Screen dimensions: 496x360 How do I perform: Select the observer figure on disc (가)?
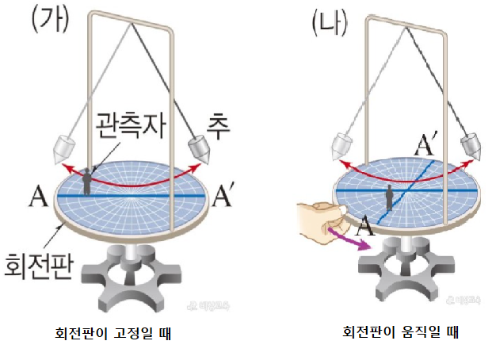tap(88, 180)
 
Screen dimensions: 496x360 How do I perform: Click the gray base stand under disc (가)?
tap(131, 274)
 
